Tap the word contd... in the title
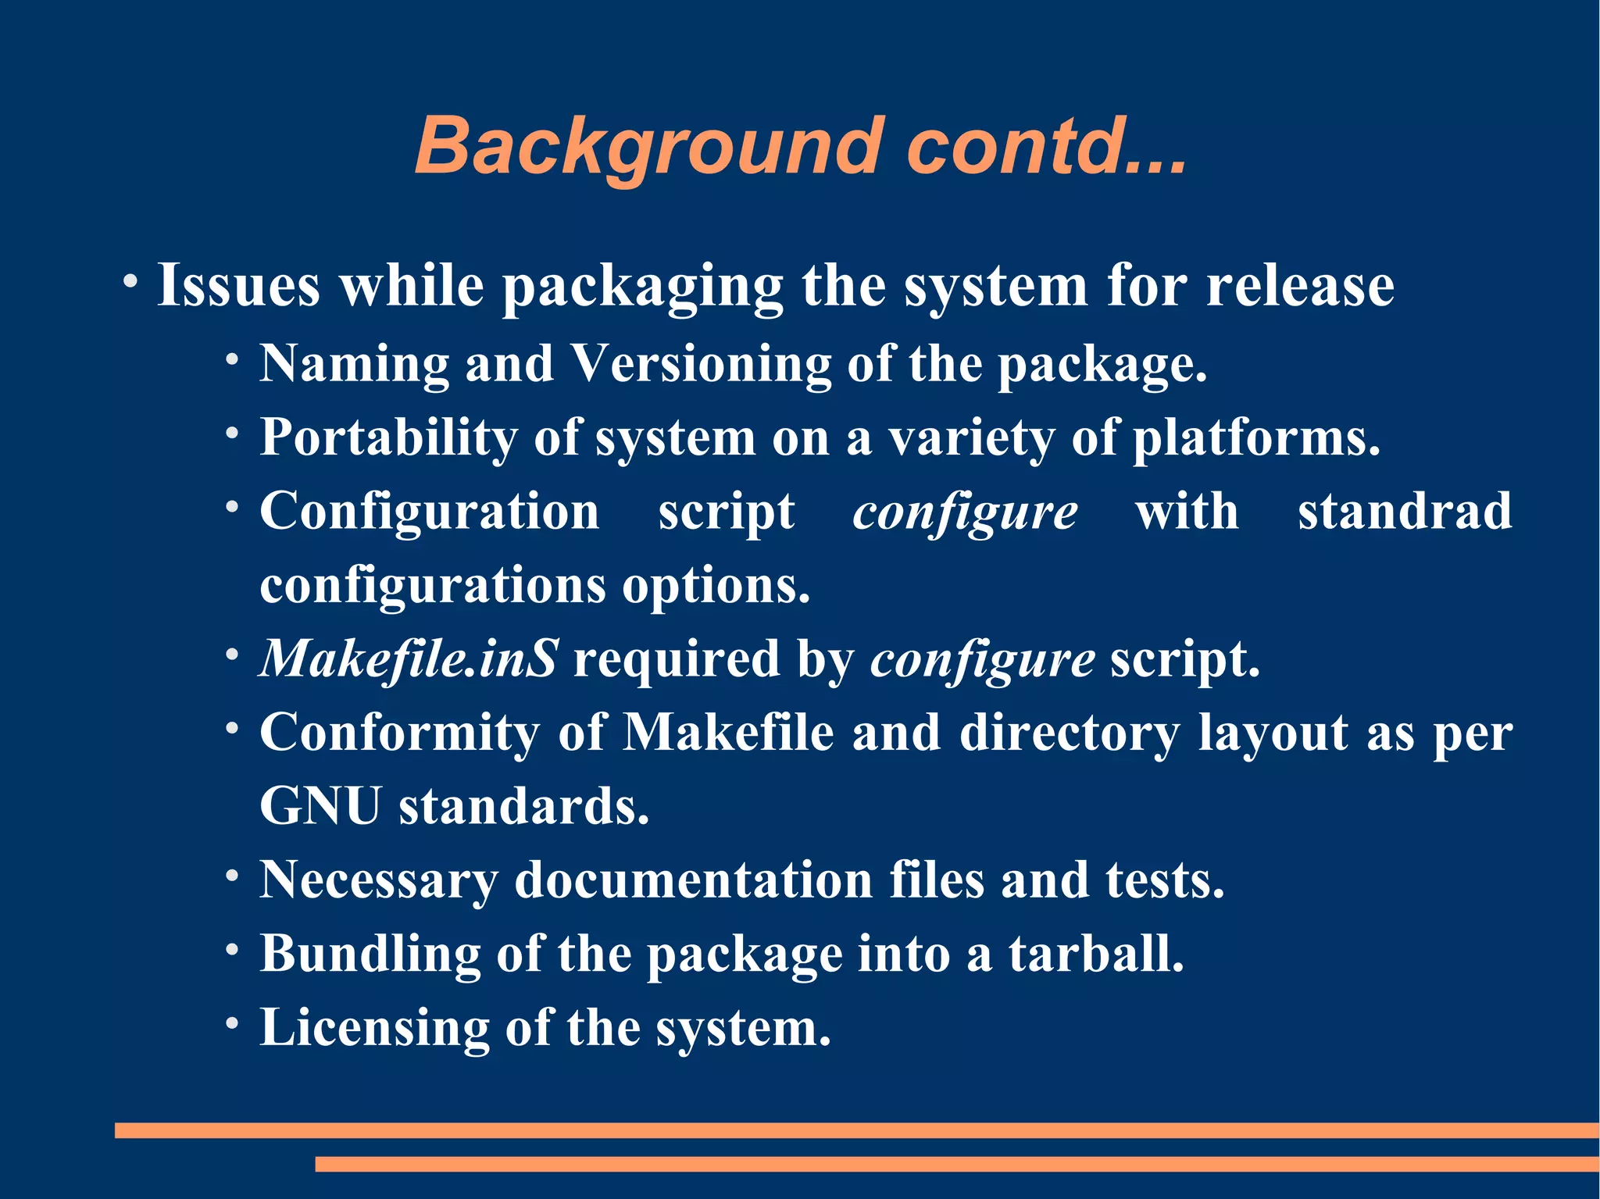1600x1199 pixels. (x=1046, y=146)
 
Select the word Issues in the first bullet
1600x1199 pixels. (x=238, y=285)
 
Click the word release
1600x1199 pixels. (x=1300, y=285)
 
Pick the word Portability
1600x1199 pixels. (x=388, y=437)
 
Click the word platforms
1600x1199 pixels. (x=1256, y=437)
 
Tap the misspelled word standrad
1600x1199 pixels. (x=1405, y=512)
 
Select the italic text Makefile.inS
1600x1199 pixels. (x=409, y=658)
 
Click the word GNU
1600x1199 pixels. (x=320, y=805)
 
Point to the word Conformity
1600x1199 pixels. (x=399, y=733)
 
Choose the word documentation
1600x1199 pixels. (x=693, y=880)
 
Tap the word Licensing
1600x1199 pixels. (x=374, y=1027)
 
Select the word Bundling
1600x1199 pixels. (x=370, y=954)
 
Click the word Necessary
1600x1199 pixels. (x=378, y=880)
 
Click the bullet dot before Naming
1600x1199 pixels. (x=232, y=360)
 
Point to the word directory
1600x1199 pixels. (x=1070, y=733)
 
